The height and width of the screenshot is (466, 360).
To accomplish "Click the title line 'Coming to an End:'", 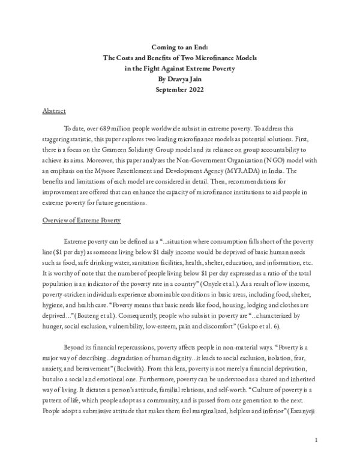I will click(179, 47).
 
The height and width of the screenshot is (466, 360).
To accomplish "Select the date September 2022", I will click(179, 90).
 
